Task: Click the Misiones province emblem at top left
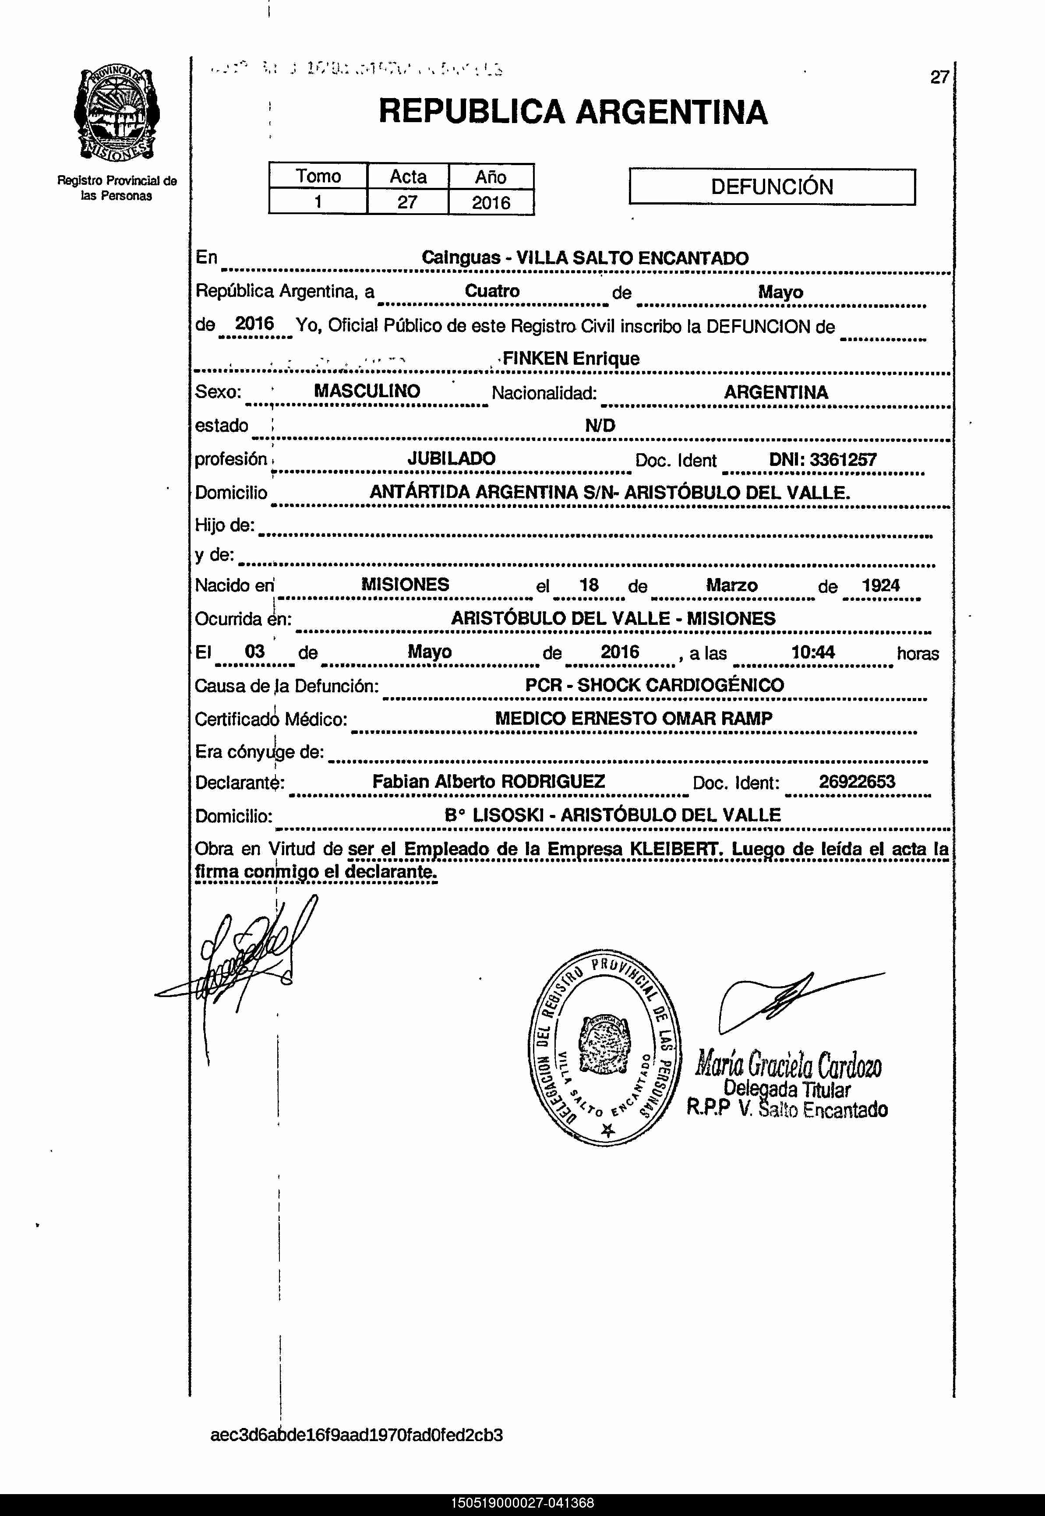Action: coord(116,115)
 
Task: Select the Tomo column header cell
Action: coord(318,176)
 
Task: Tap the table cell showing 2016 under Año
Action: coord(491,202)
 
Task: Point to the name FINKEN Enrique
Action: coord(570,359)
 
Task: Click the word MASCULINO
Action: coord(367,391)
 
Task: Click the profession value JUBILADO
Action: coord(451,458)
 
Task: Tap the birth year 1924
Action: coord(881,585)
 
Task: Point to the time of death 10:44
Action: coord(812,652)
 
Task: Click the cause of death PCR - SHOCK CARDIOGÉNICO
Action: coord(654,685)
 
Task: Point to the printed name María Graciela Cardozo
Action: coord(788,1065)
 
